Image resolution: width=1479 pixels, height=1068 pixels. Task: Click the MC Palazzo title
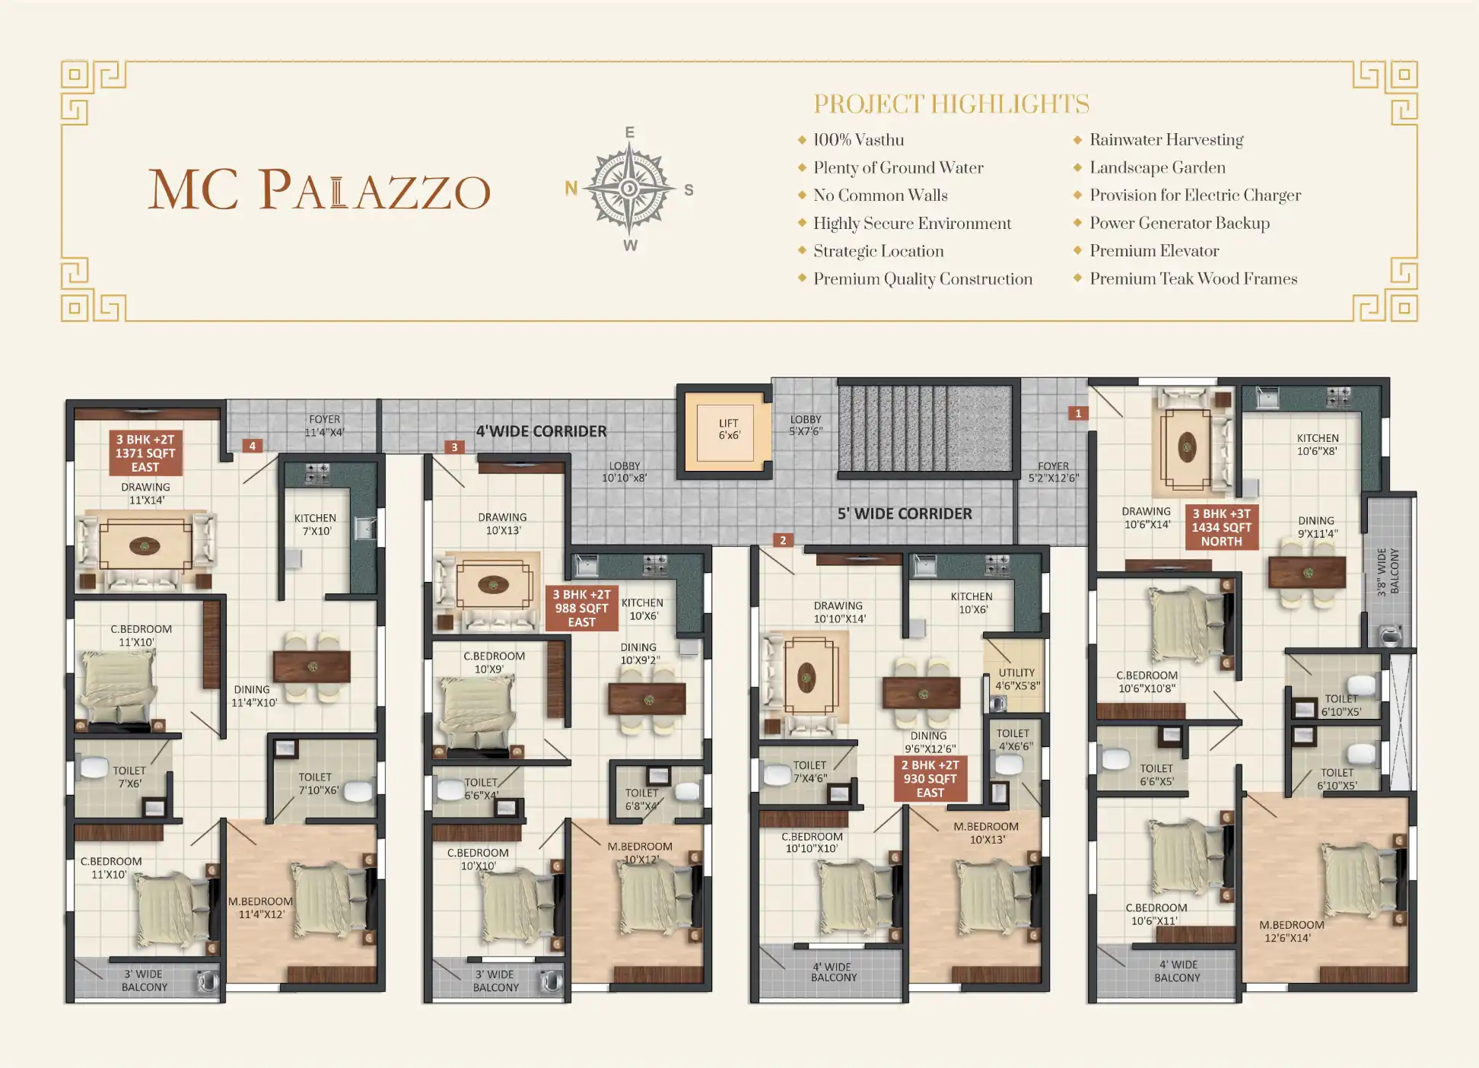point(320,189)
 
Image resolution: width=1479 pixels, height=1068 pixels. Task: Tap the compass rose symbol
point(629,188)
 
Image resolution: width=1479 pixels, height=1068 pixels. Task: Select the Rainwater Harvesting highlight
point(1166,140)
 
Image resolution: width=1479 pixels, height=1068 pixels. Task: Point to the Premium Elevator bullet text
point(1154,251)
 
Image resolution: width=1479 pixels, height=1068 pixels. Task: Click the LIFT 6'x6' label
point(729,429)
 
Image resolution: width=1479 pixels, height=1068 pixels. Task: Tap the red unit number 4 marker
point(253,446)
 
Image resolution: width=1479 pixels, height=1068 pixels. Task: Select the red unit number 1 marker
point(1078,413)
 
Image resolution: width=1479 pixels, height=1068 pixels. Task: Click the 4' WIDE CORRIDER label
point(542,431)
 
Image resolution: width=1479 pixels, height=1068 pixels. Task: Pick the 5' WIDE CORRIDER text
point(905,513)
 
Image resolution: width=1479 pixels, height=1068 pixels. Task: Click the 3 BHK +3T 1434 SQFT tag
point(1222,527)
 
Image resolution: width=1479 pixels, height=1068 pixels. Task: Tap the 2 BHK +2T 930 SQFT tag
point(930,779)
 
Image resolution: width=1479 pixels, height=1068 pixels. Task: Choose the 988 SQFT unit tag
point(582,609)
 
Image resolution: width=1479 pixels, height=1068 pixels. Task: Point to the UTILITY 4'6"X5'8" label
point(1017,679)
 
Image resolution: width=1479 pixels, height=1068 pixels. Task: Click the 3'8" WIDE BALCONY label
point(1388,571)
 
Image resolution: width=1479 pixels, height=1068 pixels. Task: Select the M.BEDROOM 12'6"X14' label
point(1291,931)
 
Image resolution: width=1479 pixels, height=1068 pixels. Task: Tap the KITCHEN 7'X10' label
point(316,525)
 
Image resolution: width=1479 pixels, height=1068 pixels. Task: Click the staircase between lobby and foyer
point(926,428)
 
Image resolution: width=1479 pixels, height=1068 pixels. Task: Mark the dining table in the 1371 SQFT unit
point(312,666)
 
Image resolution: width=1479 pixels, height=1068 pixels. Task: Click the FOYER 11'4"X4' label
point(325,426)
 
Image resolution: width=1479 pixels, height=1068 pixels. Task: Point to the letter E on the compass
point(630,132)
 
